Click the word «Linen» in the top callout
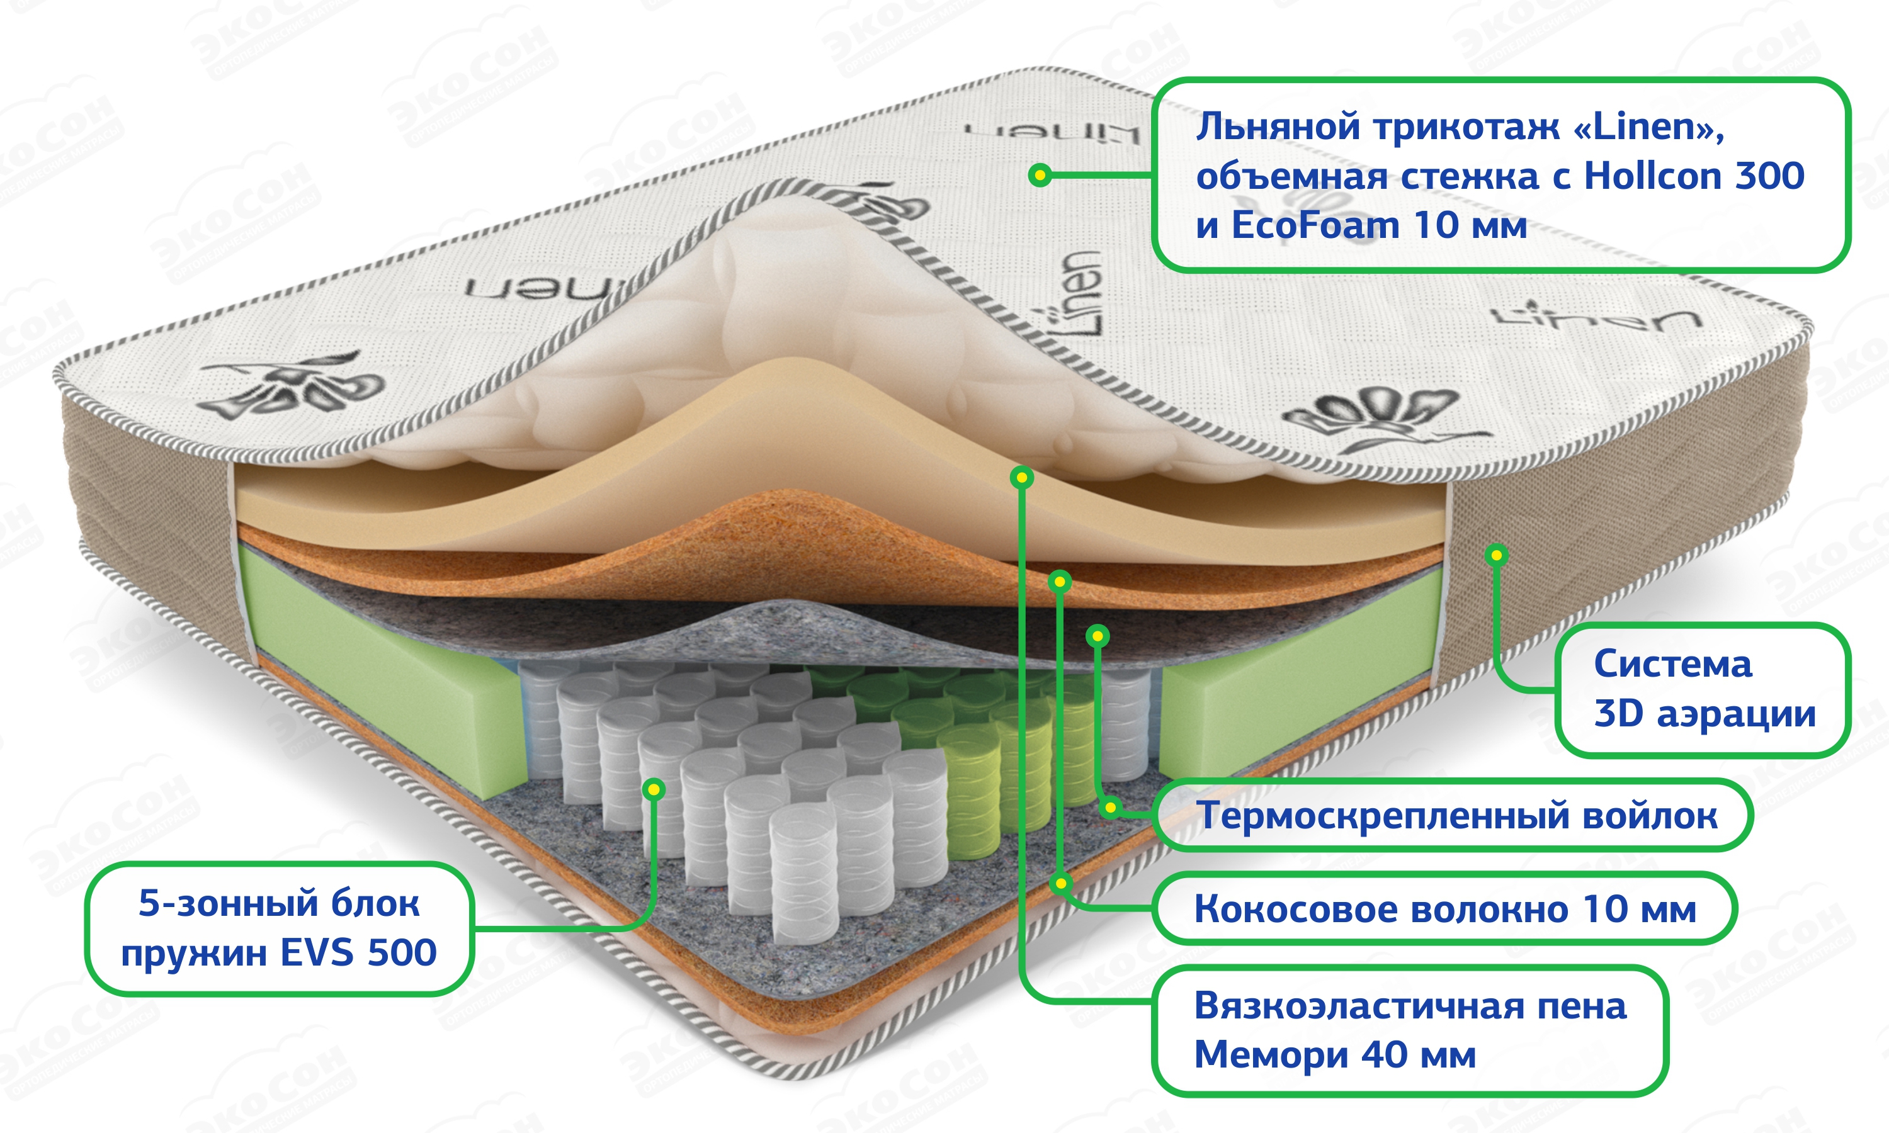tap(1649, 127)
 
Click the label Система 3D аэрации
tap(1703, 689)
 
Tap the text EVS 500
tap(358, 953)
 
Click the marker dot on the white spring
tap(654, 789)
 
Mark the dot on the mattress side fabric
tap(1497, 555)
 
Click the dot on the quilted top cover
tap(1039, 176)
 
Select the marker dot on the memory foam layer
tap(1021, 478)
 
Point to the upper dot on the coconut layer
tap(1060, 582)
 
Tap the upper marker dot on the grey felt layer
tap(1098, 635)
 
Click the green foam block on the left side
tap(382, 672)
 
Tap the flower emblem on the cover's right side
tap(1375, 416)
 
